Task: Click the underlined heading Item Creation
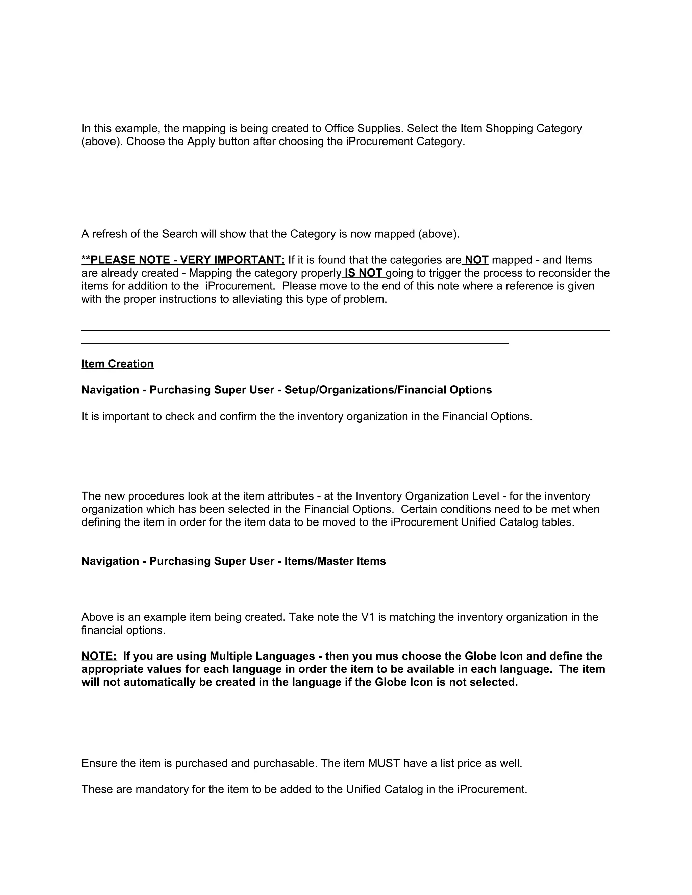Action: click(117, 364)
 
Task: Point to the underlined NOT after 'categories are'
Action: click(476, 260)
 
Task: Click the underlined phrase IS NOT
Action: click(364, 273)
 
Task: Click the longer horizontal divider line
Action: click(345, 330)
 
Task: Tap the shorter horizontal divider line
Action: click(295, 343)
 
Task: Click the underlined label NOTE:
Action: click(99, 656)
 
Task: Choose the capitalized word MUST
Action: click(384, 764)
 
